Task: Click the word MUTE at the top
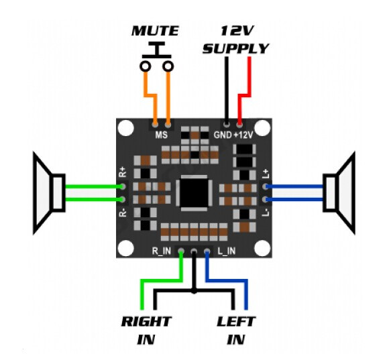click(155, 31)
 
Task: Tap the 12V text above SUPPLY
click(237, 30)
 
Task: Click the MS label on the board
click(161, 135)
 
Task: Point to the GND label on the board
click(223, 135)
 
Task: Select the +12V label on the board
click(243, 135)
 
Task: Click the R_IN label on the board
click(161, 251)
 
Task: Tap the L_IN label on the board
click(227, 251)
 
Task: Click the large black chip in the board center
click(194, 193)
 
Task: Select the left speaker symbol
click(49, 193)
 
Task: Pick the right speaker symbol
click(339, 193)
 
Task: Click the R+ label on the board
click(123, 172)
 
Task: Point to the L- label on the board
click(266, 213)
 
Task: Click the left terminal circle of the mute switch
click(145, 66)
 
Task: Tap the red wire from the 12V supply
click(244, 95)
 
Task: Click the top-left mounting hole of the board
click(126, 128)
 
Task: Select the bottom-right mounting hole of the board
click(262, 248)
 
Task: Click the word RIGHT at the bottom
click(146, 322)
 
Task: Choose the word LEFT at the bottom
click(236, 322)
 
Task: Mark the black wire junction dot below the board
click(194, 291)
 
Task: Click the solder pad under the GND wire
click(226, 123)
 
